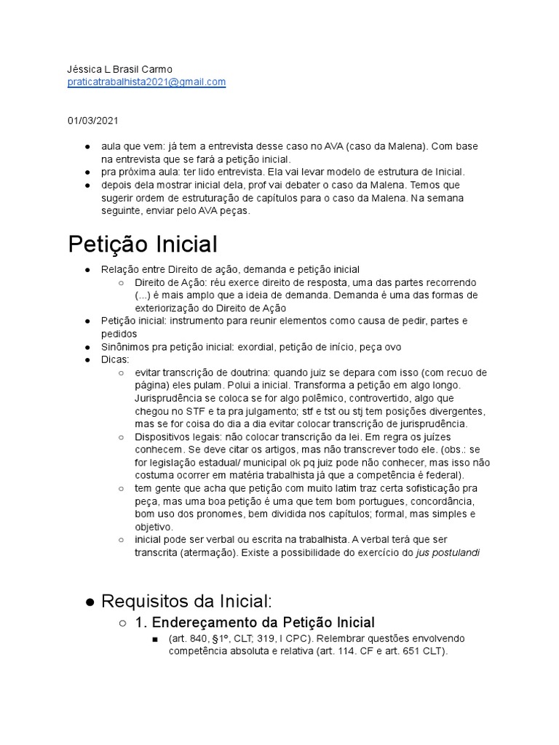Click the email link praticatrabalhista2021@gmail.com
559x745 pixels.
146,83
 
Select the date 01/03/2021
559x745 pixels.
92,120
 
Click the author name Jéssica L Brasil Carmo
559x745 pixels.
120,70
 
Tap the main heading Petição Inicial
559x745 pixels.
143,244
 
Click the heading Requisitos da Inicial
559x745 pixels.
186,601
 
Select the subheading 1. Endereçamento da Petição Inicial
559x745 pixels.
255,622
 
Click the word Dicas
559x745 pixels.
115,359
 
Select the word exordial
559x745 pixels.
262,347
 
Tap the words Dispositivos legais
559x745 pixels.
172,437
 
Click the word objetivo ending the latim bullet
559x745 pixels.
153,527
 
